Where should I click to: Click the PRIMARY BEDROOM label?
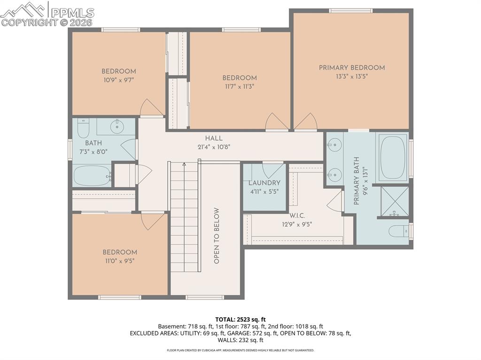click(351, 68)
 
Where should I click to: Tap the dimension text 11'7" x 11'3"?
click(240, 86)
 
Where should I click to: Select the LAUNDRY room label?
click(264, 183)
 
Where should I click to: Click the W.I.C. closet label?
click(297, 215)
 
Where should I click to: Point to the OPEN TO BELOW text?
click(217, 236)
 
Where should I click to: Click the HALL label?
click(214, 138)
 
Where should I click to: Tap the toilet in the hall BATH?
click(83, 127)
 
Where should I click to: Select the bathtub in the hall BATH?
click(92, 176)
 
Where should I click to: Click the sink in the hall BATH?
click(116, 126)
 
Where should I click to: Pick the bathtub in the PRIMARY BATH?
click(393, 158)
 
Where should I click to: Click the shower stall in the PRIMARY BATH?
click(394, 202)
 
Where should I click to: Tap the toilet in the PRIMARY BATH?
click(398, 231)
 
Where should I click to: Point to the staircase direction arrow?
click(184, 164)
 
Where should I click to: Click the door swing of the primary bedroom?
click(306, 122)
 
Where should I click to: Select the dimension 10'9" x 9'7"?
click(119, 80)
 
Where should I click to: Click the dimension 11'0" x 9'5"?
click(120, 260)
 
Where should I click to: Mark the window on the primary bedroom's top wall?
click(350, 10)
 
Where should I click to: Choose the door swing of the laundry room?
click(273, 169)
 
